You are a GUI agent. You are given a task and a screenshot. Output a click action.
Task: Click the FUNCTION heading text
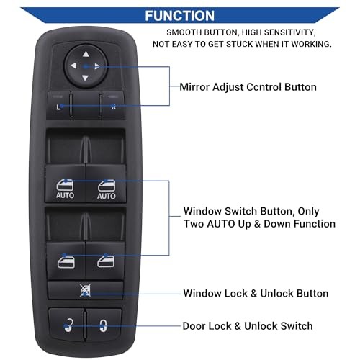click(179, 16)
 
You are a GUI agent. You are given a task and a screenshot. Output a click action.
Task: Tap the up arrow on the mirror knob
click(86, 54)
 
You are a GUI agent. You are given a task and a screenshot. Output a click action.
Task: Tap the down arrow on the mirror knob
click(85, 78)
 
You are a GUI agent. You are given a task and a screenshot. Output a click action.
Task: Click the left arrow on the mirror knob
click(73, 66)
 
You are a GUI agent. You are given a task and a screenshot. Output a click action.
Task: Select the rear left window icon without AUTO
click(66, 261)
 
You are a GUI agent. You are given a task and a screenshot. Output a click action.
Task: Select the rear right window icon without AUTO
click(106, 261)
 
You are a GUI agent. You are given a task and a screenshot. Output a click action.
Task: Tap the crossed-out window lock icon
click(85, 290)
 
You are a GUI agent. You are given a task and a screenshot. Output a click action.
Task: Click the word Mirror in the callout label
click(194, 87)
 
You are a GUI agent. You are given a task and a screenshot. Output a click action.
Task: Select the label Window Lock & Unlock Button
click(256, 293)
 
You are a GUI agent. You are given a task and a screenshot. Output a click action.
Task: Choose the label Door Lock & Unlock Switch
click(248, 326)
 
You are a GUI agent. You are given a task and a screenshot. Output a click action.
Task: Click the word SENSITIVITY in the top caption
click(289, 32)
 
